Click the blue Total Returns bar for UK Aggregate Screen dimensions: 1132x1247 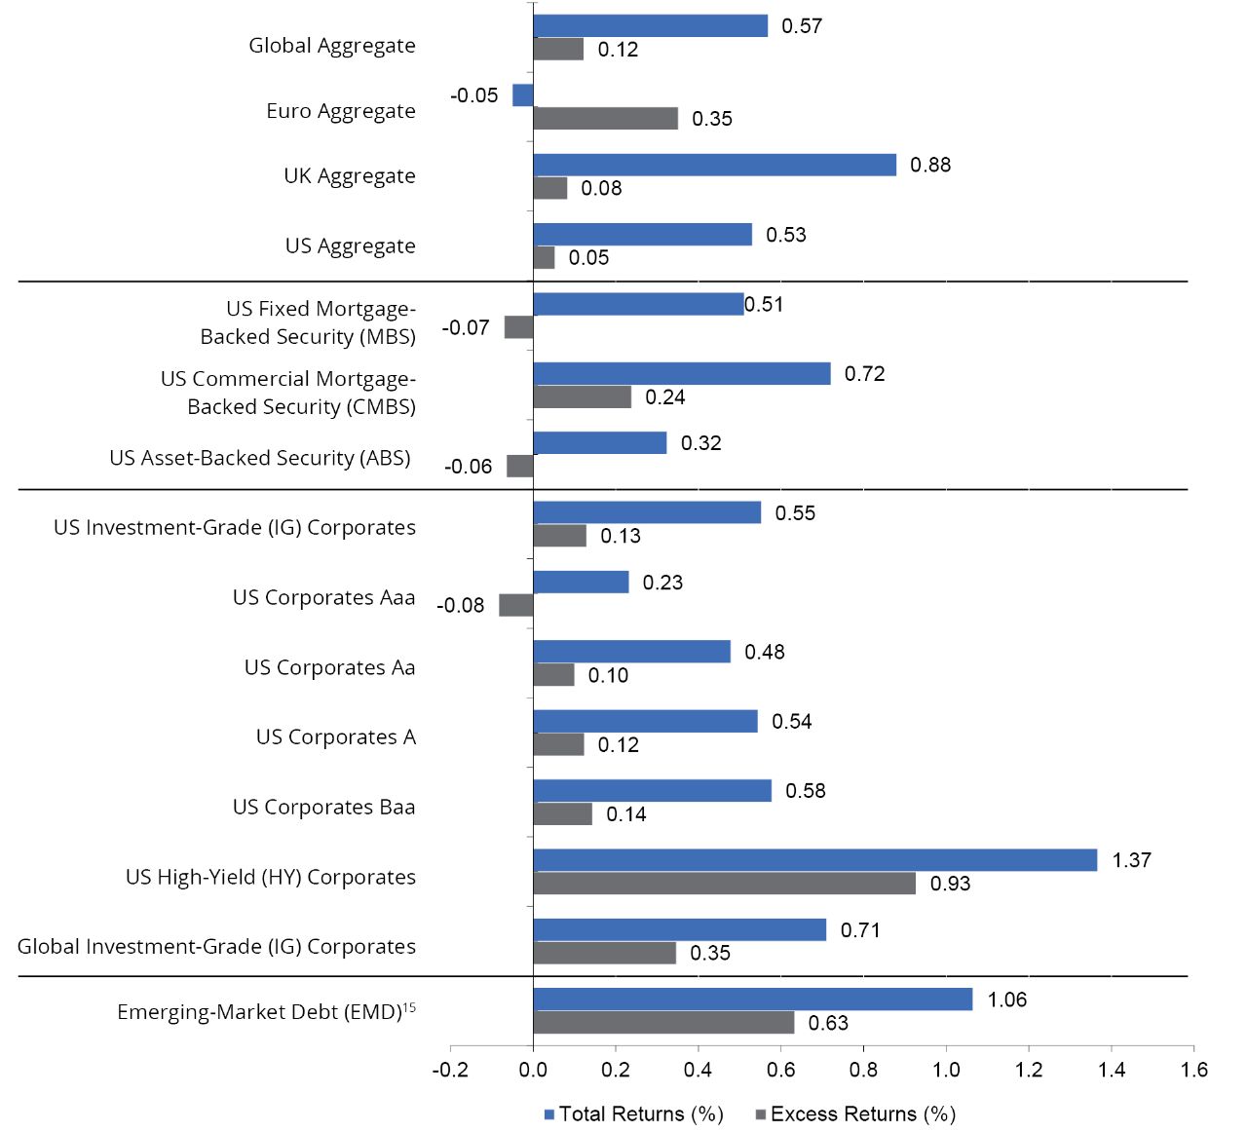(714, 165)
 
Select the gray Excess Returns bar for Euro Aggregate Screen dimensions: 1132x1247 (605, 119)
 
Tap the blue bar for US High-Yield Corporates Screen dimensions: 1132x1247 (814, 860)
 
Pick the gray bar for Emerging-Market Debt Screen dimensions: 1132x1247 (662, 1023)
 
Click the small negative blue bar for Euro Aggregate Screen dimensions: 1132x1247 (522, 95)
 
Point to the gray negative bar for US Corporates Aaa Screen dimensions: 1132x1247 (515, 605)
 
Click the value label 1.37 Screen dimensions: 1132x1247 (1131, 860)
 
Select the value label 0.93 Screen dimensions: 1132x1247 (950, 884)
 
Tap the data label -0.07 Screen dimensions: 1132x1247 (466, 327)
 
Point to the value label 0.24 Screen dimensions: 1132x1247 (664, 397)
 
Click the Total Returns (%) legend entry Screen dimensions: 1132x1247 (633, 1113)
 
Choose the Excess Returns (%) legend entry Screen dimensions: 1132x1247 (855, 1113)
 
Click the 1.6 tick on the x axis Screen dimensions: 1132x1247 (1193, 1070)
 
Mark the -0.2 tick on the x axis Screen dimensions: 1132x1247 (450, 1070)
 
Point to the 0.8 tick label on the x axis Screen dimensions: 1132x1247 (863, 1070)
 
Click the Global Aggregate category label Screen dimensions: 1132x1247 (331, 46)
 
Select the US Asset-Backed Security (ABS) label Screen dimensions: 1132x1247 (260, 458)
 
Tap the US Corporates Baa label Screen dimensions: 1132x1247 (323, 807)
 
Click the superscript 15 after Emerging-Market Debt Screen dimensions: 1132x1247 (410, 1007)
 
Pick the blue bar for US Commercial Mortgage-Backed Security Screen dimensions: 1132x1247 (681, 374)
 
